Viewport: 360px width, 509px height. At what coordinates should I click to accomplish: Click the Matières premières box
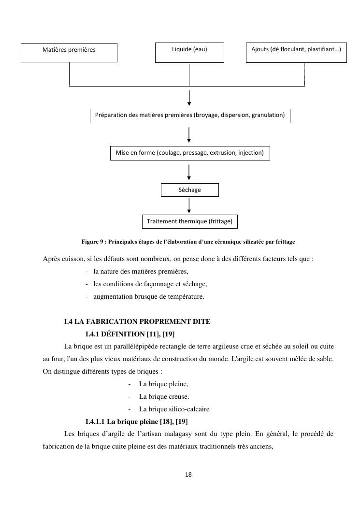(69, 52)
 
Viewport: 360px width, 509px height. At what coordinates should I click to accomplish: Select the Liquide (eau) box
(189, 52)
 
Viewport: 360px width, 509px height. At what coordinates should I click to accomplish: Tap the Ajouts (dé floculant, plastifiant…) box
(296, 52)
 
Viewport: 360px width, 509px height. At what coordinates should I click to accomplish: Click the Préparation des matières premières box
(190, 116)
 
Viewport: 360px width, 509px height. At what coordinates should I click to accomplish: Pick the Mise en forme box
(189, 153)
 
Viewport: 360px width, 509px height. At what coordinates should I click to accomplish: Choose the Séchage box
(189, 190)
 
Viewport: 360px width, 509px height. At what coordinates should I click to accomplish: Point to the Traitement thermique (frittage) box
(189, 221)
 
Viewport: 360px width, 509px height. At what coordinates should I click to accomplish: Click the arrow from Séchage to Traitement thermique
(189, 205)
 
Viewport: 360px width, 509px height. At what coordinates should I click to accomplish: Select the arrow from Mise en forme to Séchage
(189, 172)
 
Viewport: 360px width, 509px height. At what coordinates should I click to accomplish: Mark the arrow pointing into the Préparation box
(189, 98)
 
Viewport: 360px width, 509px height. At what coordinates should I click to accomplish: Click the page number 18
(188, 475)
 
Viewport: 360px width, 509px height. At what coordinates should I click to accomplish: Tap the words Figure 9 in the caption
(93, 241)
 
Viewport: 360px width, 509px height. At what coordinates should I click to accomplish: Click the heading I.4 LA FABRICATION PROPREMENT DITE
(137, 321)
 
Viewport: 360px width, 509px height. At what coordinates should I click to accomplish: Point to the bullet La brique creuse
(164, 396)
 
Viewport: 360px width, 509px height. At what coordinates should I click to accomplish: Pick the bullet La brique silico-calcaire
(174, 409)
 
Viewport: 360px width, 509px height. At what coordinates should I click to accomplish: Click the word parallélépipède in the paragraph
(130, 347)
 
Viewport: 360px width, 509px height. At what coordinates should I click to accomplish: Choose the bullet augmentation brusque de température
(148, 296)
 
